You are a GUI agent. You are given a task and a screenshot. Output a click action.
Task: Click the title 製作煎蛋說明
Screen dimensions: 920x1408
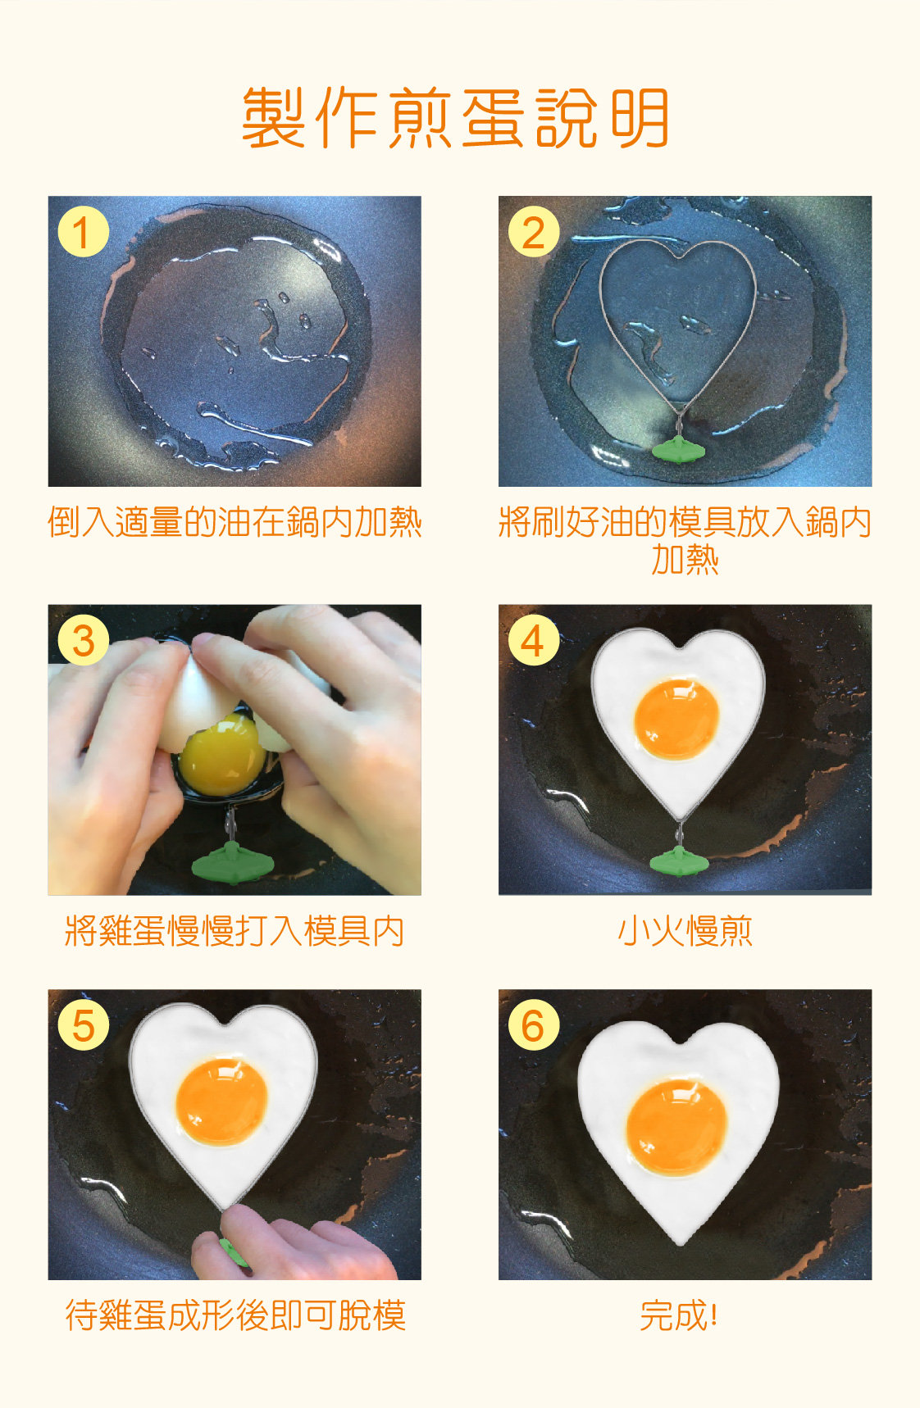[456, 118]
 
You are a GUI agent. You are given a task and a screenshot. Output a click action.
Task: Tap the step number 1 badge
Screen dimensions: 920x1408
[83, 232]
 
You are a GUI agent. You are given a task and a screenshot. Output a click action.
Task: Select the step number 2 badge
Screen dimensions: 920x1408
[533, 232]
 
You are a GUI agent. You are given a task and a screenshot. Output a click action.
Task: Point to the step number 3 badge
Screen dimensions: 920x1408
[83, 640]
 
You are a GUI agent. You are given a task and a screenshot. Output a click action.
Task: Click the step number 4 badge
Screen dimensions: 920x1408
[533, 640]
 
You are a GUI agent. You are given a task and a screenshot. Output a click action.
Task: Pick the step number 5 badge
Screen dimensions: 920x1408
[83, 1024]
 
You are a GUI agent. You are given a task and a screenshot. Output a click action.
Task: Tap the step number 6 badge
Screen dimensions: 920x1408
[533, 1024]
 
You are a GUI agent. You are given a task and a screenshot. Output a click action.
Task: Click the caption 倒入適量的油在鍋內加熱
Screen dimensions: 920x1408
[235, 522]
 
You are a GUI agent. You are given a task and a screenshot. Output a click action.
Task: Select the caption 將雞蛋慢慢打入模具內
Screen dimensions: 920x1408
[235, 931]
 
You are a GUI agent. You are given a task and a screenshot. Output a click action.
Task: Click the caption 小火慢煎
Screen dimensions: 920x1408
[685, 931]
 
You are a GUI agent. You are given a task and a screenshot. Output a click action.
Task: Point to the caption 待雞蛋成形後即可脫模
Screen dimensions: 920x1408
[235, 1315]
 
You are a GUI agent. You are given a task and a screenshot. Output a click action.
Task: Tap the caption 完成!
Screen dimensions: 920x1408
[679, 1315]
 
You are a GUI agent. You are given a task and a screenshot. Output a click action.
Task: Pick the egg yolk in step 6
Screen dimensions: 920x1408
[676, 1126]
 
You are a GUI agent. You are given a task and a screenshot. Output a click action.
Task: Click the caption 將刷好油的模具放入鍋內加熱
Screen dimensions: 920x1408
[685, 541]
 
